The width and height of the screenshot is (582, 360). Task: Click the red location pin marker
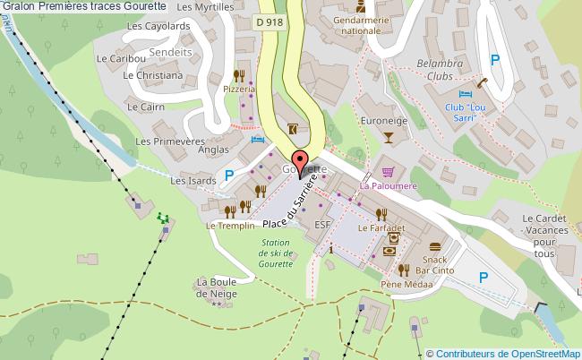(x=301, y=162)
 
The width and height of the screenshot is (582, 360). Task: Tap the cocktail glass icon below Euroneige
(x=388, y=137)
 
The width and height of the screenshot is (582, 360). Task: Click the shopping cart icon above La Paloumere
(x=387, y=172)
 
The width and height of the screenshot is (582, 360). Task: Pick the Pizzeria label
(x=240, y=90)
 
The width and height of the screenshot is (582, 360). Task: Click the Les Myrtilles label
(x=202, y=7)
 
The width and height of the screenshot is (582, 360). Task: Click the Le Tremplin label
(x=224, y=226)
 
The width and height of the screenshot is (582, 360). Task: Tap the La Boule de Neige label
(x=216, y=287)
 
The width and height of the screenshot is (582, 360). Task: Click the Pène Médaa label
(x=406, y=285)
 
